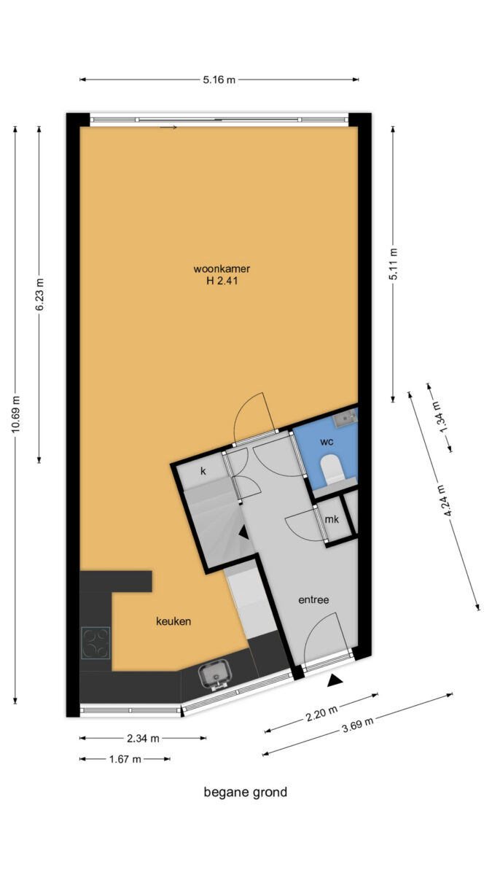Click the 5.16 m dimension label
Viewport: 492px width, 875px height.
coord(219,79)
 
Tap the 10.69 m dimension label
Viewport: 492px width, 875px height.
coord(15,414)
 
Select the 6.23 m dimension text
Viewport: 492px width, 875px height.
coord(39,295)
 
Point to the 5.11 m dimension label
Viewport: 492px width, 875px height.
coord(393,264)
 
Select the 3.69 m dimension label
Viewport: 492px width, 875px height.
coord(358,725)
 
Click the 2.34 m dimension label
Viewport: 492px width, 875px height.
coord(143,738)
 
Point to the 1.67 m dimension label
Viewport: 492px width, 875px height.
coord(125,759)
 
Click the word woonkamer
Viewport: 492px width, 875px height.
coord(222,269)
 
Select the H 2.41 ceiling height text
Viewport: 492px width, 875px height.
coord(222,281)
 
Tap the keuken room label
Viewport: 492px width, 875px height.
coord(173,621)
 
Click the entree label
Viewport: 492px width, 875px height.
coord(313,599)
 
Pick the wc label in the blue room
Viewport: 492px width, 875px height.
coord(327,442)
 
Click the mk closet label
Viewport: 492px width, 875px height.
coord(332,519)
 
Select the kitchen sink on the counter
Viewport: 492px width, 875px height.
coord(215,675)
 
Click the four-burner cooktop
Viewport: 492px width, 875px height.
coord(95,643)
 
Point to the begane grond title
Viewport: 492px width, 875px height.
coord(246,793)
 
